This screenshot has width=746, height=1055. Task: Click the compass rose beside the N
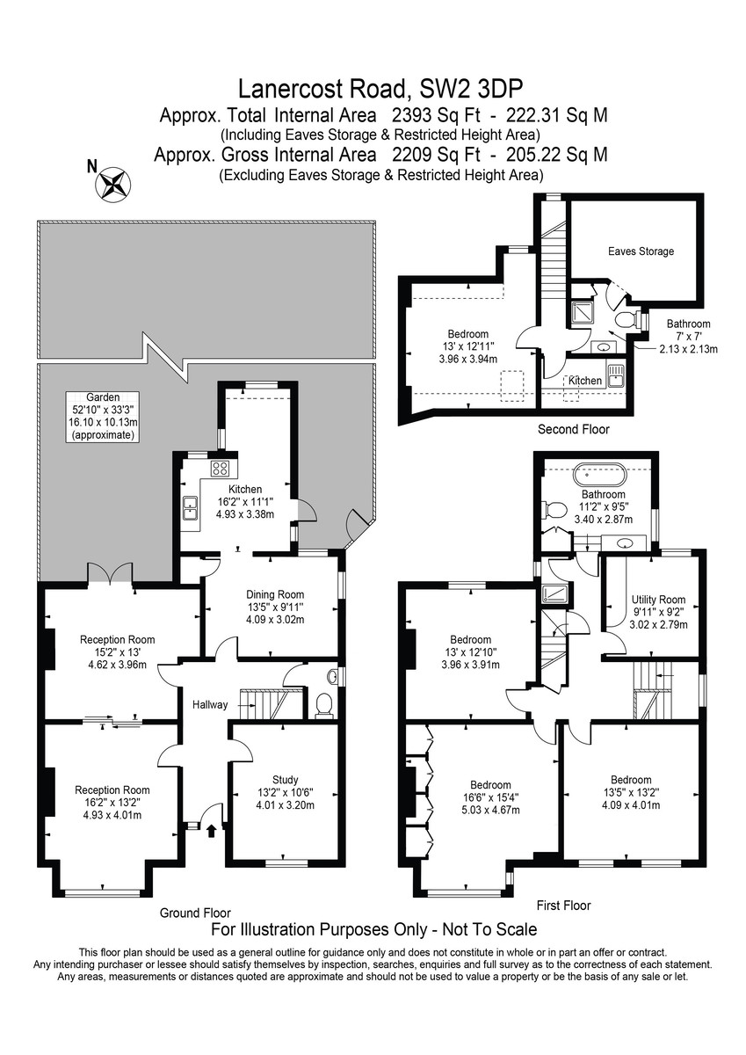point(113,184)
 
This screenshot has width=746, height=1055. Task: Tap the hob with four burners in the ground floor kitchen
point(220,468)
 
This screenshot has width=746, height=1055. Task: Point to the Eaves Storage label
point(641,251)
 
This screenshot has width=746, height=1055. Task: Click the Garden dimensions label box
point(103,417)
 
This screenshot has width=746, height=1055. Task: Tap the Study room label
point(286,792)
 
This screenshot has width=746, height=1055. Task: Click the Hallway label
point(210,704)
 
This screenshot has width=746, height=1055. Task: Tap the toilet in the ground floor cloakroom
point(324,705)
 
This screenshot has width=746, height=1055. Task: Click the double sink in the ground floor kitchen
point(191,508)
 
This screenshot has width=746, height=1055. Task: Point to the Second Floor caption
point(573,429)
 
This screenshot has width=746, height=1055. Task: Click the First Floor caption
point(563,906)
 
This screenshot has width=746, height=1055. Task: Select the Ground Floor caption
point(195,913)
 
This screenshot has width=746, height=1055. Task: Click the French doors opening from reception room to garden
point(110,573)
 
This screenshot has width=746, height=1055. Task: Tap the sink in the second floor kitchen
point(615,375)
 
